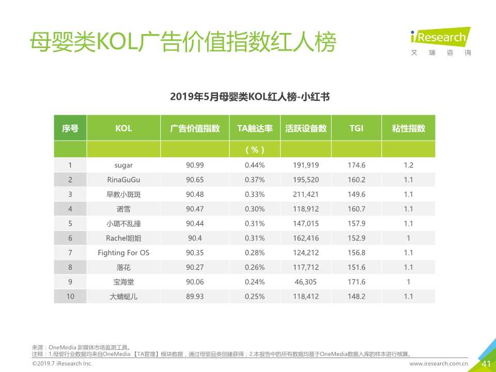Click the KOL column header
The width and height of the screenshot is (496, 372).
[123, 129]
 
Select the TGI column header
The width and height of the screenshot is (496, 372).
[356, 129]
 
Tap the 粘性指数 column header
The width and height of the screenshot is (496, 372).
[408, 129]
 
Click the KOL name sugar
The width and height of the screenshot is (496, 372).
[123, 165]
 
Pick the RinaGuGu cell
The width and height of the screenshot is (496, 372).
[123, 180]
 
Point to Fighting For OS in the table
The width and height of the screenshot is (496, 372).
[123, 253]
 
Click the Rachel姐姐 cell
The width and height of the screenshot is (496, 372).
[123, 238]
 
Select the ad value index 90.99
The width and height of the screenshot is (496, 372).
[195, 165]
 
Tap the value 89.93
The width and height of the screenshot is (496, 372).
[195, 297]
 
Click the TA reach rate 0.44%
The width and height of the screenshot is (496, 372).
[254, 165]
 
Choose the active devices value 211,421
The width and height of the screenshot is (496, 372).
[306, 194]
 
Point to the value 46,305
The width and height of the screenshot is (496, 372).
[306, 282]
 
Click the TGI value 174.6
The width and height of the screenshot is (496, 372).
[356, 165]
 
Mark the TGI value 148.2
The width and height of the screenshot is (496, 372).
[356, 297]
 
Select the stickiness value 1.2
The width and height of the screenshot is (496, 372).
[408, 165]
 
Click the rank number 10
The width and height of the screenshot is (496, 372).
[70, 297]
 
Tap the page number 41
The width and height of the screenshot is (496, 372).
[486, 364]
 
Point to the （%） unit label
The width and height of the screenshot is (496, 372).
[254, 150]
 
